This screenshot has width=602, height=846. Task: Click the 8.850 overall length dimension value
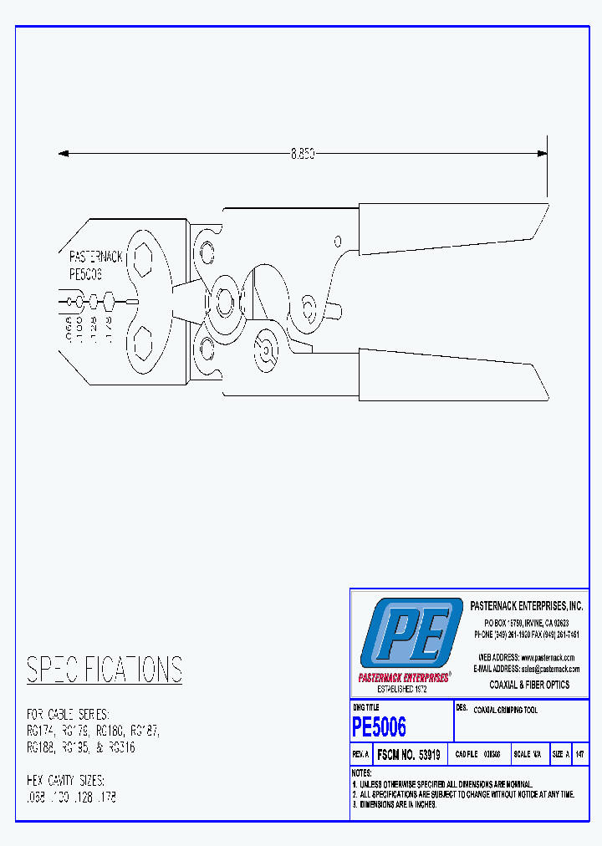302,154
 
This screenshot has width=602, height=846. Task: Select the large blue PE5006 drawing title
380,726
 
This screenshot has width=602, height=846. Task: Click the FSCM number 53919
409,754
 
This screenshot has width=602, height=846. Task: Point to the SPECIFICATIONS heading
105,670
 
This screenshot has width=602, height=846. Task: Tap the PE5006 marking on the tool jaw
85,273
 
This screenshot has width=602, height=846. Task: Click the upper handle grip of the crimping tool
451,227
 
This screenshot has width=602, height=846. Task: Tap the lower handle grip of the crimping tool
451,373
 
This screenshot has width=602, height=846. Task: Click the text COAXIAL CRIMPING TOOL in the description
505,711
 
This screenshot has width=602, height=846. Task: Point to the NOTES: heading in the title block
362,773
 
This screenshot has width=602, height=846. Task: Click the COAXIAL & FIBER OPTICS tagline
529,685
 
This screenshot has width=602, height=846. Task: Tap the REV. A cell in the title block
361,754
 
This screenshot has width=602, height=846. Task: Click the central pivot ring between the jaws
224,299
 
